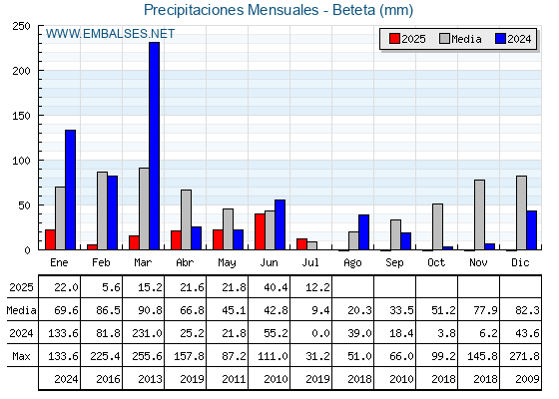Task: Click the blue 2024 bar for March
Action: (x=155, y=146)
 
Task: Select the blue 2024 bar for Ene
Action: (x=70, y=190)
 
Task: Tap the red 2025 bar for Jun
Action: (x=260, y=231)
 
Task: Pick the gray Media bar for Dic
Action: (x=521, y=212)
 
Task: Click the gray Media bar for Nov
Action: (x=479, y=214)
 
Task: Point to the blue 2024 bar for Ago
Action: (x=364, y=231)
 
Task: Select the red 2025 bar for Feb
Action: (x=92, y=247)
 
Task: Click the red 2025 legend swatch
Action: (x=394, y=39)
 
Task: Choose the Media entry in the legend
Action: (x=460, y=39)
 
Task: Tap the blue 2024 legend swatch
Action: (x=501, y=39)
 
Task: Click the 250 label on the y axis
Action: (x=21, y=26)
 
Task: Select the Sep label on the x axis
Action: (x=394, y=263)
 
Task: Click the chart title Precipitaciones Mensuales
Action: (x=231, y=10)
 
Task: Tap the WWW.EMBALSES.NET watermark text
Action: (x=110, y=34)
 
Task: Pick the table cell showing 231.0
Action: (x=147, y=333)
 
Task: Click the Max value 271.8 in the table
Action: (x=524, y=356)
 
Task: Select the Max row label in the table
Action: (x=21, y=356)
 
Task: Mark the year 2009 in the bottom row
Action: (x=527, y=379)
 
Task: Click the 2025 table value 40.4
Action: (x=276, y=287)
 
